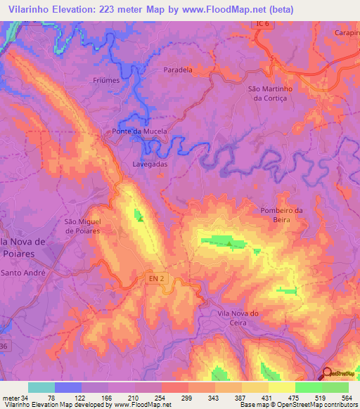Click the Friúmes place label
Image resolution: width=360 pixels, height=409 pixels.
click(106, 81)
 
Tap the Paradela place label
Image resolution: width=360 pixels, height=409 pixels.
click(198, 70)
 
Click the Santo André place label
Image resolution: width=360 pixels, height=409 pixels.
click(23, 272)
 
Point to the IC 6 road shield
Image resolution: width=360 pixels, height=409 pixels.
click(261, 25)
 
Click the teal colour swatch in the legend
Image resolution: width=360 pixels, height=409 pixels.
click(41, 387)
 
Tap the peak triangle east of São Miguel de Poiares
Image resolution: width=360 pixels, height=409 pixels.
click(140, 218)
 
